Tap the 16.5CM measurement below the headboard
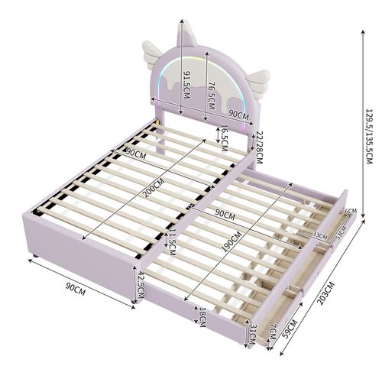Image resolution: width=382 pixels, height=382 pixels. [x=224, y=134]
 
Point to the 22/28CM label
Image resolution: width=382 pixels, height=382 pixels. [x=259, y=146]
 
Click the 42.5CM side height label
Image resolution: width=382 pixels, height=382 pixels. [x=140, y=283]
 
